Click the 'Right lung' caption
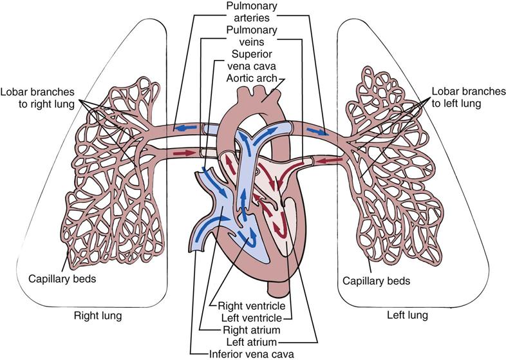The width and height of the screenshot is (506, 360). [98, 317]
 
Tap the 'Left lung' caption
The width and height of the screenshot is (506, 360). [408, 317]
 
